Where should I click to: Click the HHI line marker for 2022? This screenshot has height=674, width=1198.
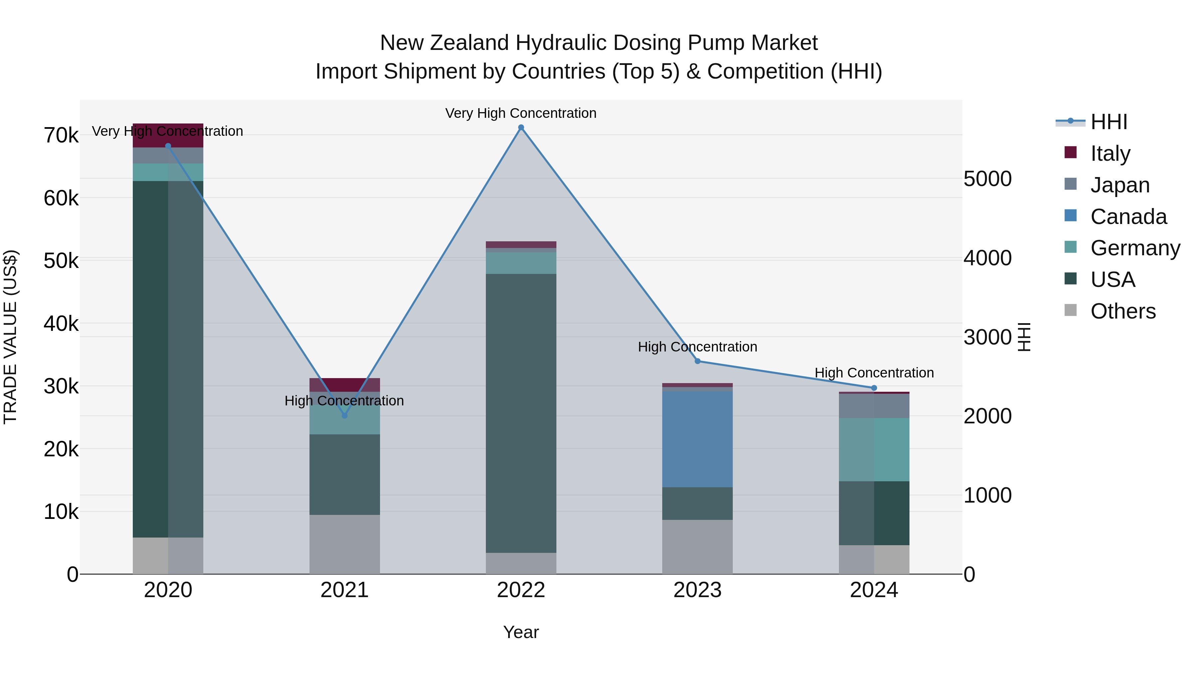point(521,127)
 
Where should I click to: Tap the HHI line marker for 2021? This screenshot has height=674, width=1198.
point(345,415)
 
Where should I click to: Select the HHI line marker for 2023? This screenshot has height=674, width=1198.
point(697,361)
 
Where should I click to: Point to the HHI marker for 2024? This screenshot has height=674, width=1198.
point(874,388)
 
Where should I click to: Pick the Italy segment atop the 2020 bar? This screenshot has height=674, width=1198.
point(168,135)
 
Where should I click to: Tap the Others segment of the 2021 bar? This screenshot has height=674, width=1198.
point(345,544)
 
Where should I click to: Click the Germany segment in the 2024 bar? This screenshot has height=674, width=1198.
point(874,449)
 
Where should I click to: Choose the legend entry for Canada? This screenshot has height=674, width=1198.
point(1128,217)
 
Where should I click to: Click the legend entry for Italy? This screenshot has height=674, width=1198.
point(1110,153)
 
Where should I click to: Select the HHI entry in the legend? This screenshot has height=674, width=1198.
point(1109,122)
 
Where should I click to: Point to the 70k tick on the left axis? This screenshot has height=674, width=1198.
point(61,136)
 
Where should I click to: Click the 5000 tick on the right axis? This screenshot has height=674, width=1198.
point(987,179)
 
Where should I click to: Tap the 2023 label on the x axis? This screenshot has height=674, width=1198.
point(697,590)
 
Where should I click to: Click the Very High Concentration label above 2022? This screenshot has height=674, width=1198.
point(521,113)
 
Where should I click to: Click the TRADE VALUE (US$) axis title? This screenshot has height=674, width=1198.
point(11,337)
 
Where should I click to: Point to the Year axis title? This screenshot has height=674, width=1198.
point(521,632)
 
